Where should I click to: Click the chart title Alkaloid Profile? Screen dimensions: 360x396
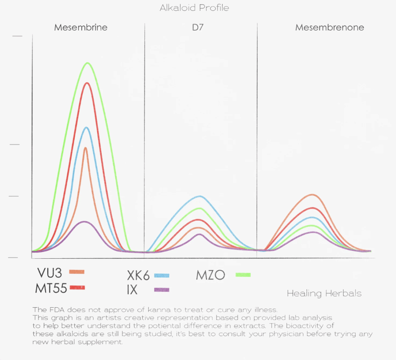pos(194,8)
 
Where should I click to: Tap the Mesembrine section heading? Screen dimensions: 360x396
pos(81,27)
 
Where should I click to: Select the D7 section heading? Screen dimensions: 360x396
pos(198,27)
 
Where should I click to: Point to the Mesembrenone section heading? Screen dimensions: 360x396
pos(329,27)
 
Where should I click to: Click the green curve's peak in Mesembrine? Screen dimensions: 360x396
pos(88,63)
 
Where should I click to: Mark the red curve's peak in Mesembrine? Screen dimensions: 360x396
pos(87,83)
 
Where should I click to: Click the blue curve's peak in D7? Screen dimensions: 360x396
pos(200,196)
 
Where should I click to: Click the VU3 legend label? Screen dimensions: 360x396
pos(49,273)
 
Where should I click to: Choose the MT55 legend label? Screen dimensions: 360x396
pos(51,288)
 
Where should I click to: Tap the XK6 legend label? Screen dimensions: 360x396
pos(138,276)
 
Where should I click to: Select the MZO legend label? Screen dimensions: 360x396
pos(210,275)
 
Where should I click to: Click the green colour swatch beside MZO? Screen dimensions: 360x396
pos(243,275)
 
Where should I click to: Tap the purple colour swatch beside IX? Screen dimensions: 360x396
pos(162,290)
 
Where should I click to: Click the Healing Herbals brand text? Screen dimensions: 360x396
pos(324,293)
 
